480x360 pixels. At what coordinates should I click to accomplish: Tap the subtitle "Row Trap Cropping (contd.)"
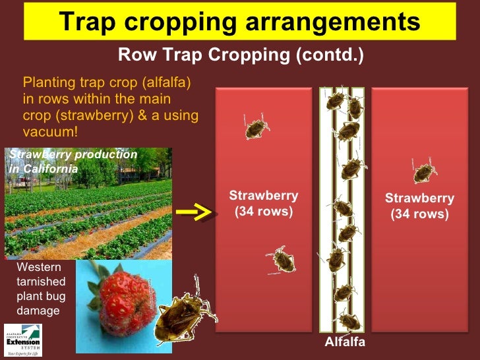coord(240,55)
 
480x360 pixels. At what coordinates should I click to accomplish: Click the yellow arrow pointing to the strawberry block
coord(196,212)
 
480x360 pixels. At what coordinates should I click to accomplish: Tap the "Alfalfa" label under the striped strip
coord(344,343)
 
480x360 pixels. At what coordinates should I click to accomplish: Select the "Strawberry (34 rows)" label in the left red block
coord(264,204)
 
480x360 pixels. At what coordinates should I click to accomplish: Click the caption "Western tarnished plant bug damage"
coord(40,289)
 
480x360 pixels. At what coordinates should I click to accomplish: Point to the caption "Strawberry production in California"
coord(71,161)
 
